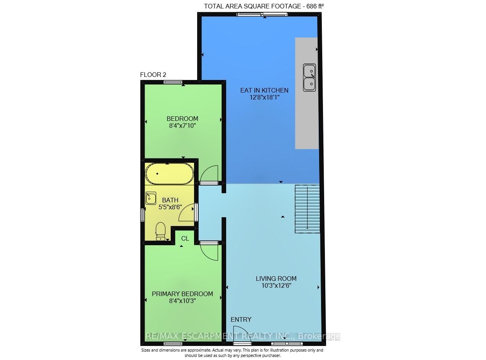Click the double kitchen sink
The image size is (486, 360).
(310, 78)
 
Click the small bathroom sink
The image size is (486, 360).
(150, 198)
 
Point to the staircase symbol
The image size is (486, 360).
(307, 209)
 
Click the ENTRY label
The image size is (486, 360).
(241, 319)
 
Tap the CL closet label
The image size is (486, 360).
(185, 238)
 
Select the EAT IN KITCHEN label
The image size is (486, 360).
(264, 90)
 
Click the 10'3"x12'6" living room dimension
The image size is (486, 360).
(276, 285)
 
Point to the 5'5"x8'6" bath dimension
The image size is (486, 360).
(170, 207)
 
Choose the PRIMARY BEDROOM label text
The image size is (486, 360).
(183, 294)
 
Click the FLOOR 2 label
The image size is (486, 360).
(153, 75)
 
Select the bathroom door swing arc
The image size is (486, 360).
(187, 213)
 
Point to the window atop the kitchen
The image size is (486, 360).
(262, 15)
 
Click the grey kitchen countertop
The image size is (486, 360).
(306, 115)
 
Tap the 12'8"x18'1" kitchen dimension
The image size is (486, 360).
(264, 97)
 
